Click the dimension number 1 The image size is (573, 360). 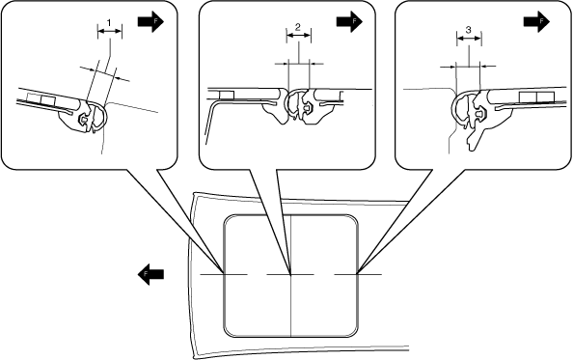click(109, 22)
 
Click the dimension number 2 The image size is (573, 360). click(298, 27)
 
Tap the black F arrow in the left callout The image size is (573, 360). click(150, 22)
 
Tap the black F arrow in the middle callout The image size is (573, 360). click(349, 21)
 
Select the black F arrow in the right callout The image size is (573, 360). click(536, 21)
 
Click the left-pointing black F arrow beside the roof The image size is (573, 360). click(150, 274)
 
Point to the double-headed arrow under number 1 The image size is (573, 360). click(110, 32)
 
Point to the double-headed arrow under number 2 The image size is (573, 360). click(299, 36)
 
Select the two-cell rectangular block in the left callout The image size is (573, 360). click(41, 99)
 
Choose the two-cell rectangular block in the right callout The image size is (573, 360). click(536, 97)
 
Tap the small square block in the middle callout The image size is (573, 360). click(226, 95)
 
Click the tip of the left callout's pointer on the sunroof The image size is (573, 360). click(224, 273)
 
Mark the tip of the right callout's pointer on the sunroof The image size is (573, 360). click(357, 273)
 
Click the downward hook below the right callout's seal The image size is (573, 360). click(475, 140)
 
